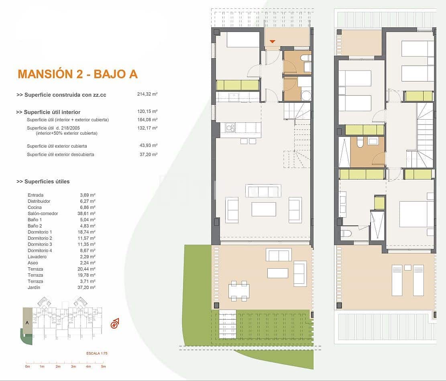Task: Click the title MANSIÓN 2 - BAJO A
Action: (78, 74)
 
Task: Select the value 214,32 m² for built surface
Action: (147, 95)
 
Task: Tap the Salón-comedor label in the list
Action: (43, 214)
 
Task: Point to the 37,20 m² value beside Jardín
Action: (86, 287)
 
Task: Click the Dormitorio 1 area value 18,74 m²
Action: (86, 232)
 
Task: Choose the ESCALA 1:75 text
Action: (97, 353)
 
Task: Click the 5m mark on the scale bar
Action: (103, 366)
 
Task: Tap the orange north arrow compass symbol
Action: (116, 322)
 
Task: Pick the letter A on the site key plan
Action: (27, 322)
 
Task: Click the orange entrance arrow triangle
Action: (273, 41)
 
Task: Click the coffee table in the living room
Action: (264, 209)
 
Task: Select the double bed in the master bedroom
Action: (417, 214)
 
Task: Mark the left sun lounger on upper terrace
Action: (397, 280)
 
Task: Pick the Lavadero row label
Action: (37, 257)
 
